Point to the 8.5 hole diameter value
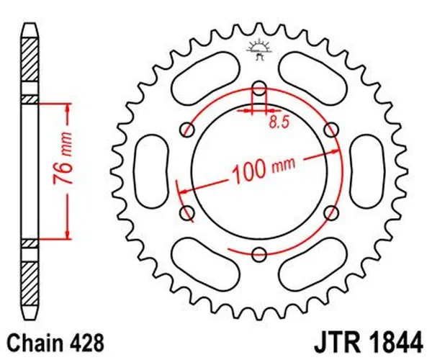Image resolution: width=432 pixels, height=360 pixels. (279, 123)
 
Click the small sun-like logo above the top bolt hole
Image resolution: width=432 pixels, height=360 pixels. (256, 49)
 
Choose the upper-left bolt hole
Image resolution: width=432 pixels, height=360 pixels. (189, 130)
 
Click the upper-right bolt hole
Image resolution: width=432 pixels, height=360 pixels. (331, 130)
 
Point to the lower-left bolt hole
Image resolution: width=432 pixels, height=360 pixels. (189, 212)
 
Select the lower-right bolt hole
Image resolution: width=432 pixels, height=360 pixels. (331, 212)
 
